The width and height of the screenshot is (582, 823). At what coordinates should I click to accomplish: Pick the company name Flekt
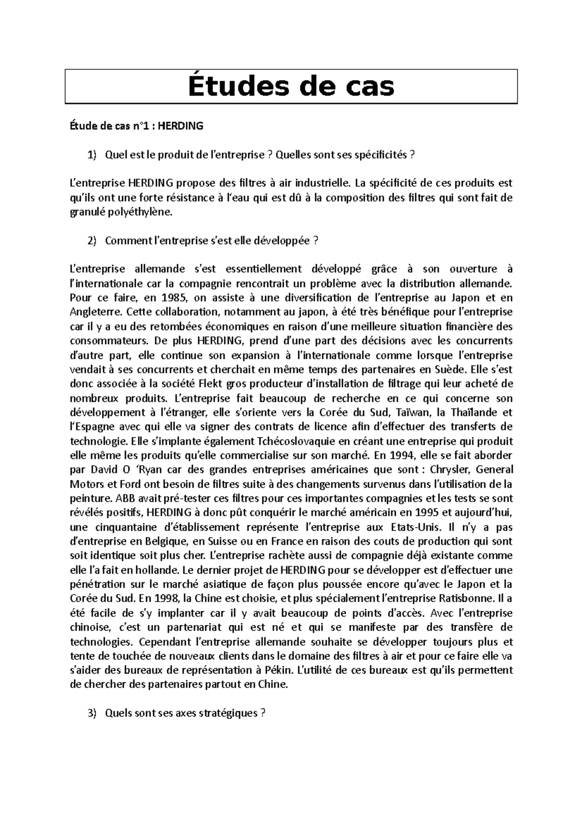[x=210, y=384]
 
